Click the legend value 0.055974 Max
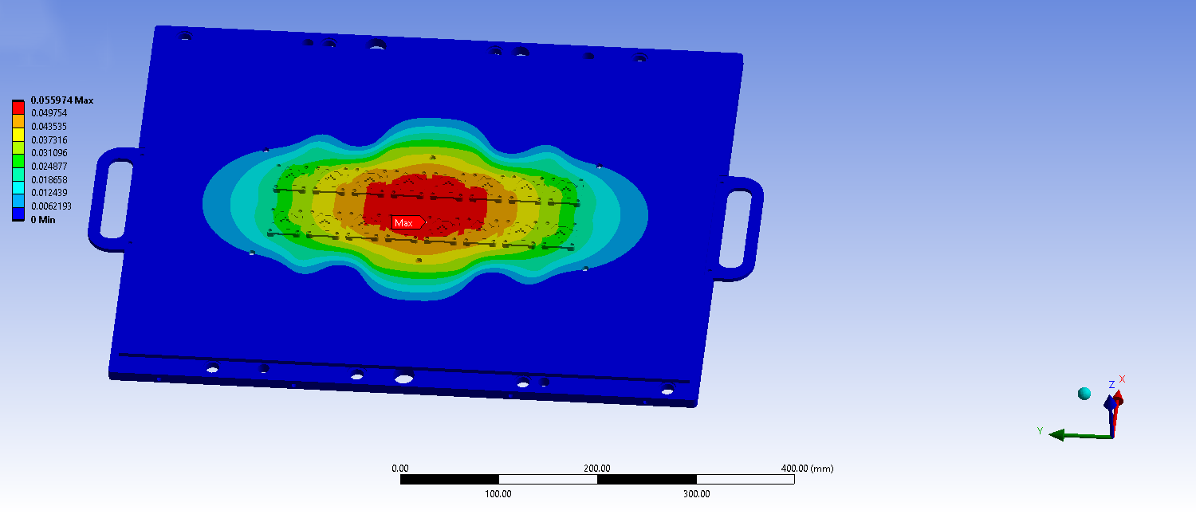[x=62, y=100]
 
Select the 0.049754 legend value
[x=49, y=113]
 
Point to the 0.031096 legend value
[x=49, y=153]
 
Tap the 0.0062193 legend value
[x=51, y=206]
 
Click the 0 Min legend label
[x=43, y=220]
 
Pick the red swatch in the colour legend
[x=18, y=108]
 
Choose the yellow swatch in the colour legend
[x=18, y=135]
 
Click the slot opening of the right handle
[x=736, y=230]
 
